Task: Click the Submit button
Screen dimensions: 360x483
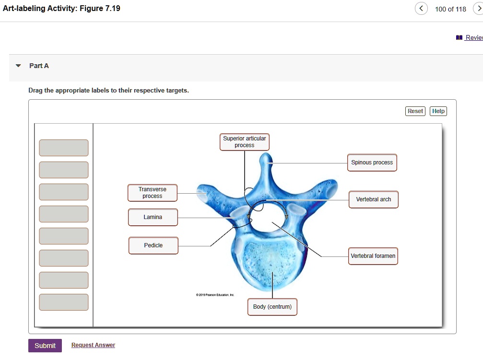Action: tap(45, 346)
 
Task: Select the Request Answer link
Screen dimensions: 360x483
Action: tap(93, 345)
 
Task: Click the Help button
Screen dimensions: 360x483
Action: tap(438, 111)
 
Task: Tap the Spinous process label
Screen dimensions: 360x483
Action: tap(372, 163)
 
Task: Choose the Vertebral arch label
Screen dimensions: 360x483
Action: tap(373, 199)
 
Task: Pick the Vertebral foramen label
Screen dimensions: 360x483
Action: tap(373, 256)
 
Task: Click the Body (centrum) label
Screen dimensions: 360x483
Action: tap(272, 307)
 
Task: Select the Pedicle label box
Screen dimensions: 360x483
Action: tap(153, 245)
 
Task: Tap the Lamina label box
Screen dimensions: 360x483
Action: tap(153, 217)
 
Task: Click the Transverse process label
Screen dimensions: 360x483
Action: tap(152, 193)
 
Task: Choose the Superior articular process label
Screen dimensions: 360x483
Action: tap(244, 142)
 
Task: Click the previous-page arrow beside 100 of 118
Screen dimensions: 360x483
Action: tap(421, 9)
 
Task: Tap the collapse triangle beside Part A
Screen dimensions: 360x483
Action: tap(18, 66)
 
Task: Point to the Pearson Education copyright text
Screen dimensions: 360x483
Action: tap(214, 295)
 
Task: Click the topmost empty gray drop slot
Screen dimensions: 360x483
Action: tap(64, 148)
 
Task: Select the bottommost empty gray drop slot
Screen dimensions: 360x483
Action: tap(64, 302)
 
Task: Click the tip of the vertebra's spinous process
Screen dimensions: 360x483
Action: tap(265, 157)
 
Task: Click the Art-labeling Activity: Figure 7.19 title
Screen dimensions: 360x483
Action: tap(61, 9)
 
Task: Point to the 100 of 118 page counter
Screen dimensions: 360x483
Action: tap(450, 9)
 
